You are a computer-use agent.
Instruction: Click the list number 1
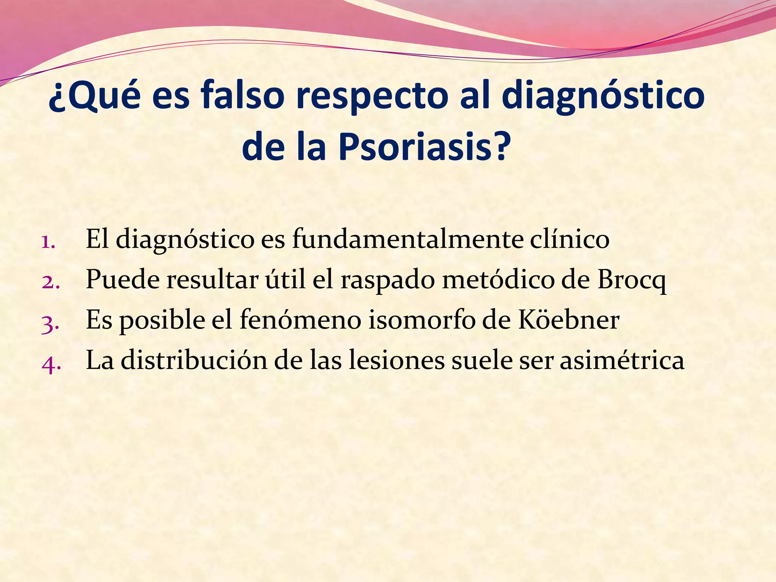click(x=48, y=241)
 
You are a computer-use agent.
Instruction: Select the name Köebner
click(x=568, y=320)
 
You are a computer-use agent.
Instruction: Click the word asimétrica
click(x=622, y=360)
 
